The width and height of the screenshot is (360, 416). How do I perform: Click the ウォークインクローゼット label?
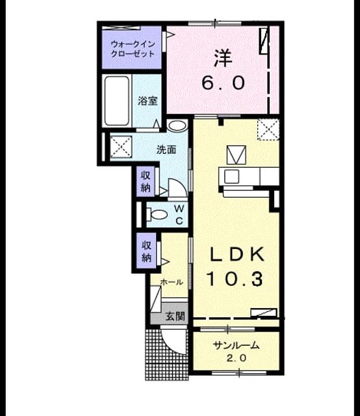(x=133, y=49)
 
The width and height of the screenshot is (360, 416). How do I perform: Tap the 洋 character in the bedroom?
(x=223, y=58)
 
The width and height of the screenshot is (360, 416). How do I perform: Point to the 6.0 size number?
(x=224, y=83)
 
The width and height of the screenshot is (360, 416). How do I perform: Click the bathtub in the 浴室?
(x=117, y=101)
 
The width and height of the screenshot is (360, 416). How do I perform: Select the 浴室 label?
(x=148, y=101)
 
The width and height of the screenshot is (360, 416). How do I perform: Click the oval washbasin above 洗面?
(x=177, y=125)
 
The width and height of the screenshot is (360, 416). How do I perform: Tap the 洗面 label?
(x=166, y=150)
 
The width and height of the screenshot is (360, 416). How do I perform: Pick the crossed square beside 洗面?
(x=121, y=147)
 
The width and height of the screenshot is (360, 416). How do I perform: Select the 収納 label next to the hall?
(x=146, y=251)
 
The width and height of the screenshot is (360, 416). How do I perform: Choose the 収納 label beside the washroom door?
(x=146, y=181)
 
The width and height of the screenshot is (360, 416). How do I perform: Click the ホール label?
(x=172, y=282)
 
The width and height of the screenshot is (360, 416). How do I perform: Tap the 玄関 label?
(x=175, y=316)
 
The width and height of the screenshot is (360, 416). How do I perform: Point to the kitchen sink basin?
(x=231, y=176)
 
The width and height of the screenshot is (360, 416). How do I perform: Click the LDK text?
(x=237, y=254)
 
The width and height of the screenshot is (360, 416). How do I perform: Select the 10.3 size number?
(x=235, y=279)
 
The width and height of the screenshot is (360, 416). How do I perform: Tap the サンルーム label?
(x=236, y=345)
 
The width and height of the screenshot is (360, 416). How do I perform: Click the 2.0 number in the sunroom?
(x=236, y=358)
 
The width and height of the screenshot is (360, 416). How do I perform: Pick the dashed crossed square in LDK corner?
(x=268, y=129)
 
